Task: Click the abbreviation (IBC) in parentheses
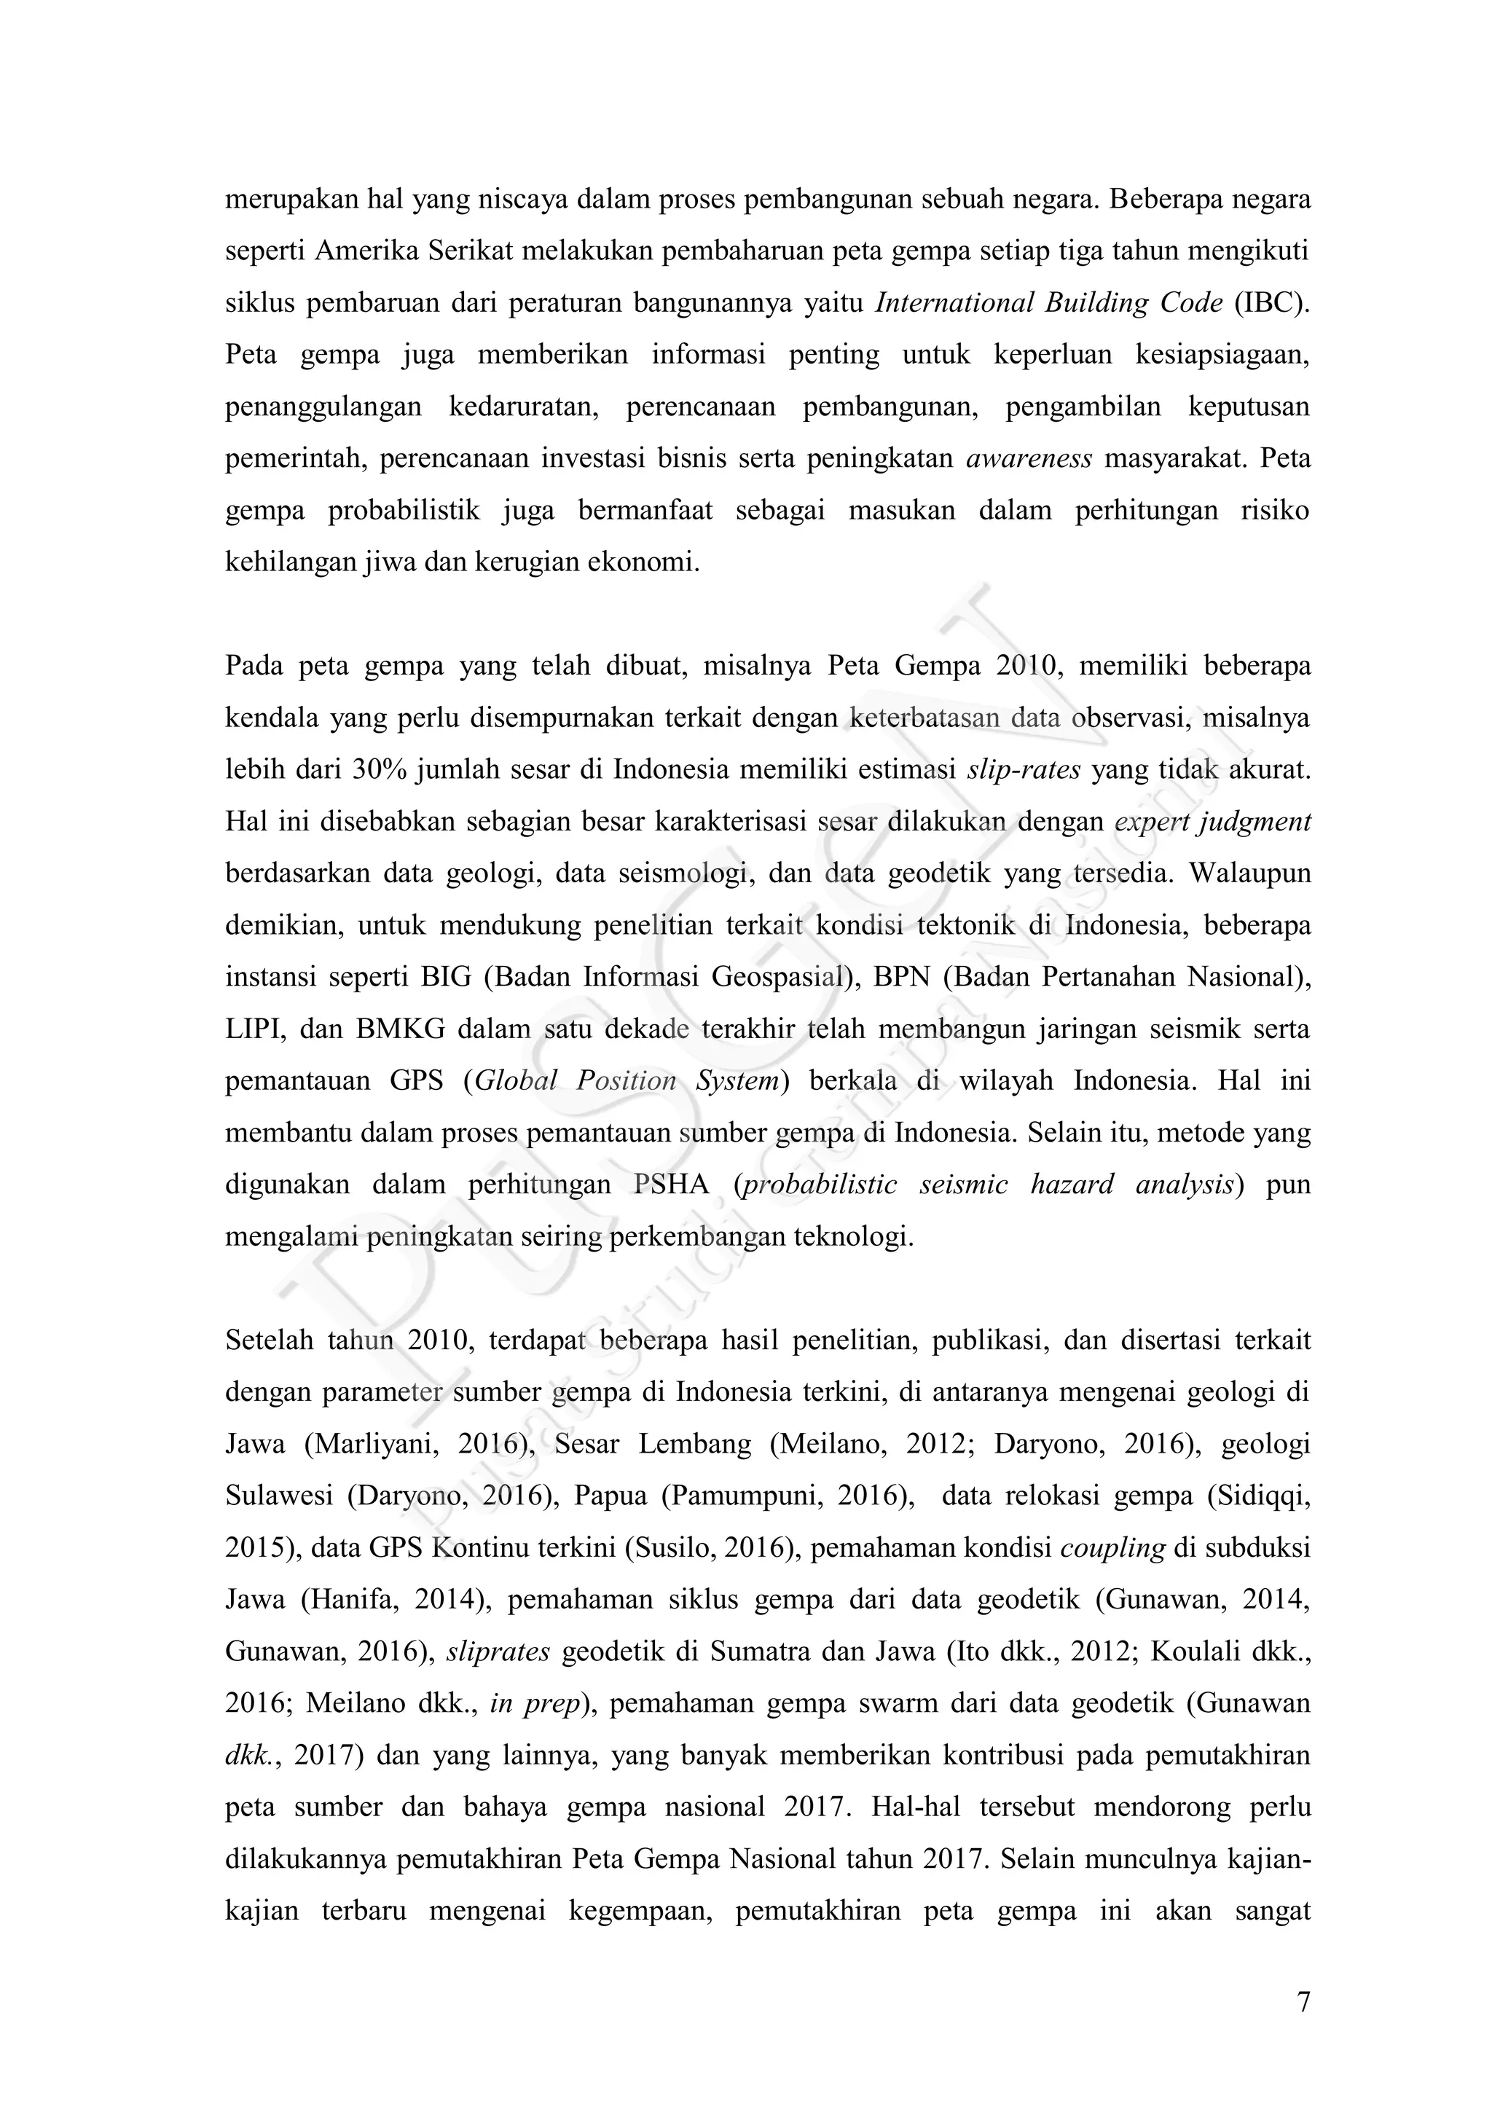coord(1273,302)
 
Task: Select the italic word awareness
coord(1029,458)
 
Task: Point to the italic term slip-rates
coord(1024,770)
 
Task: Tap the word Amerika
coord(367,251)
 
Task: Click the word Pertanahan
coord(1110,978)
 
